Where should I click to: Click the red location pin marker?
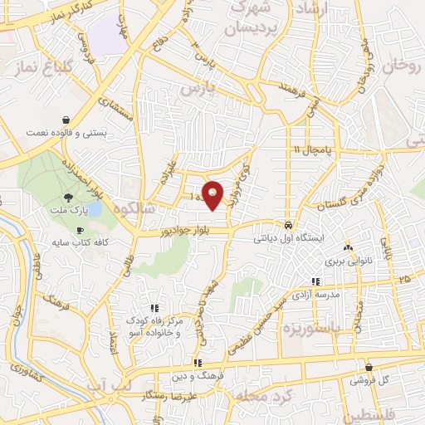click(x=213, y=195)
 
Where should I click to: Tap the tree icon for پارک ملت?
click(x=69, y=198)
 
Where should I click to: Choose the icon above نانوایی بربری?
click(x=348, y=247)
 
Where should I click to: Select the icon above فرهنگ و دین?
click(x=198, y=362)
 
